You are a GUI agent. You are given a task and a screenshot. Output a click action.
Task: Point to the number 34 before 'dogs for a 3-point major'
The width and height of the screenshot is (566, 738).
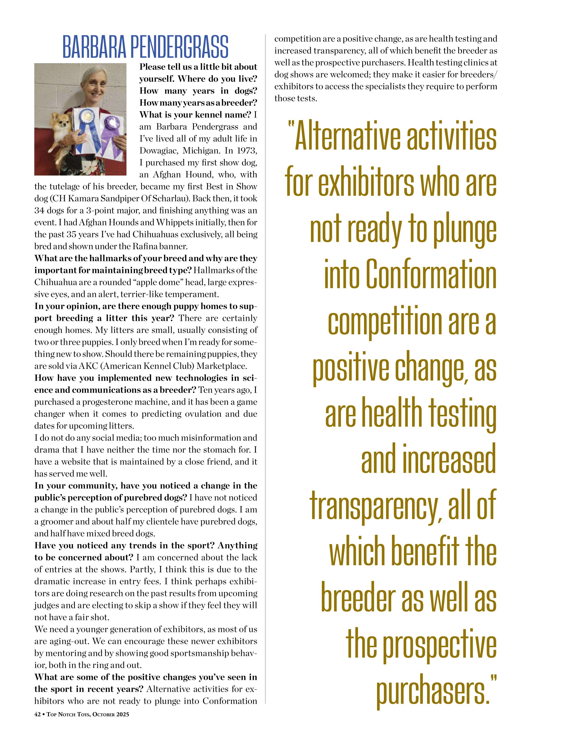(x=39, y=210)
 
